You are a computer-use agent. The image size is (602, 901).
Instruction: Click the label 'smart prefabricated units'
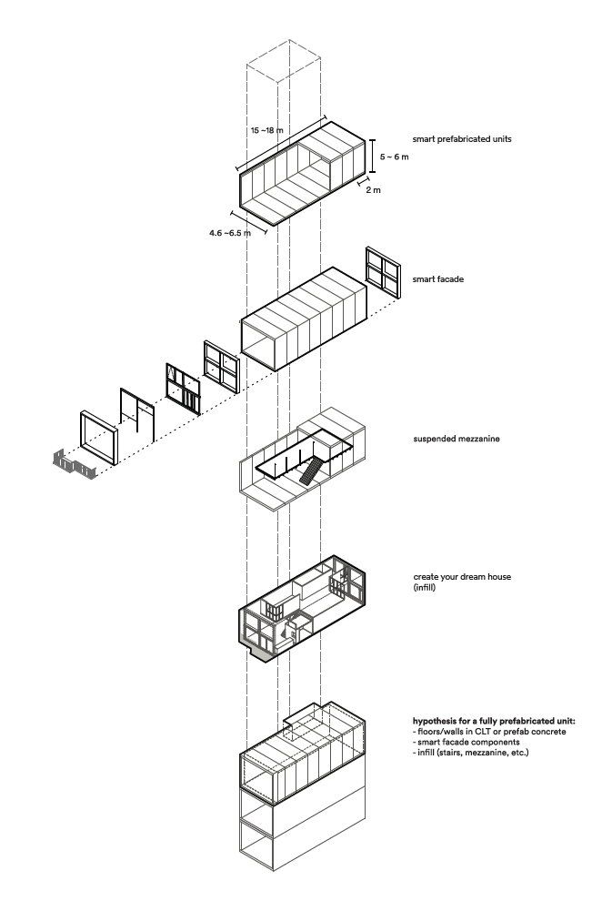[461, 139]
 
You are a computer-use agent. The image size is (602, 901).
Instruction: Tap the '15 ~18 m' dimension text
[266, 130]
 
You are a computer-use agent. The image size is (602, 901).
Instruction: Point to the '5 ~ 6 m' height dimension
[395, 157]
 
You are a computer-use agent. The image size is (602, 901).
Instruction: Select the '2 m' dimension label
[373, 190]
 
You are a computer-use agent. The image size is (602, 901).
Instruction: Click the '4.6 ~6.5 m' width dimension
[230, 233]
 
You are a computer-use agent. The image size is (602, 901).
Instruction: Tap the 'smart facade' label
[438, 279]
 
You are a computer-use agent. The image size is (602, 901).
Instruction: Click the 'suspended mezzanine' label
[457, 439]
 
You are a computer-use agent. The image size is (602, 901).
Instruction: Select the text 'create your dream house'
[462, 577]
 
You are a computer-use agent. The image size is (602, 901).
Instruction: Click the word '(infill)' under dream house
[424, 587]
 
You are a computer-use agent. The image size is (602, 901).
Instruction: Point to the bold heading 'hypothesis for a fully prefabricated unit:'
[494, 721]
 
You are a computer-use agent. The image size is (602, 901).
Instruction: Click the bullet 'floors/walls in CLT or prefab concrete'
[489, 732]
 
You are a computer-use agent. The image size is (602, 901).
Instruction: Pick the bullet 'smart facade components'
[466, 742]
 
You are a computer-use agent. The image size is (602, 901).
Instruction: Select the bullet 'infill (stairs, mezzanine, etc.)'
[470, 752]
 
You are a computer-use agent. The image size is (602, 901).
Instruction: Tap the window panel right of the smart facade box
[383, 272]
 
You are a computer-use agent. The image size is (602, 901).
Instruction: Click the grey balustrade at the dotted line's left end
[75, 465]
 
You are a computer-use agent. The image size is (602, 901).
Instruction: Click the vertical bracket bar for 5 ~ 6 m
[373, 156]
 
